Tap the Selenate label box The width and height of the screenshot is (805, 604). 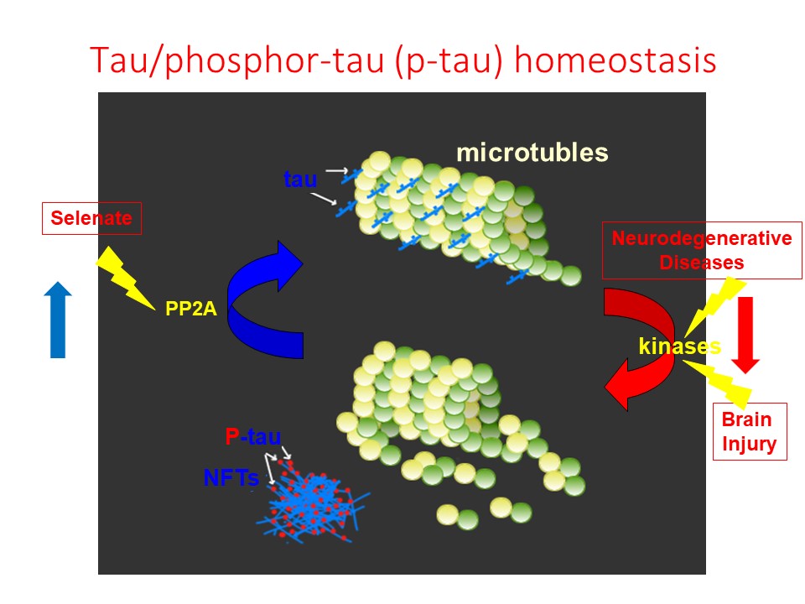tap(91, 219)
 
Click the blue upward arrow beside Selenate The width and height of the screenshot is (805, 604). tap(58, 320)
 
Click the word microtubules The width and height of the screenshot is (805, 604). tap(532, 154)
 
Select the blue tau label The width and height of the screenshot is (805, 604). tap(300, 178)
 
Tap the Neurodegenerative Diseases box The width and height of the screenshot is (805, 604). tap(701, 250)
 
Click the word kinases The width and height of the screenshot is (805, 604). tap(678, 346)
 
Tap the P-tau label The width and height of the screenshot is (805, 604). tap(252, 436)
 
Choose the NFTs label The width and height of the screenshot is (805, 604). tap(231, 478)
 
